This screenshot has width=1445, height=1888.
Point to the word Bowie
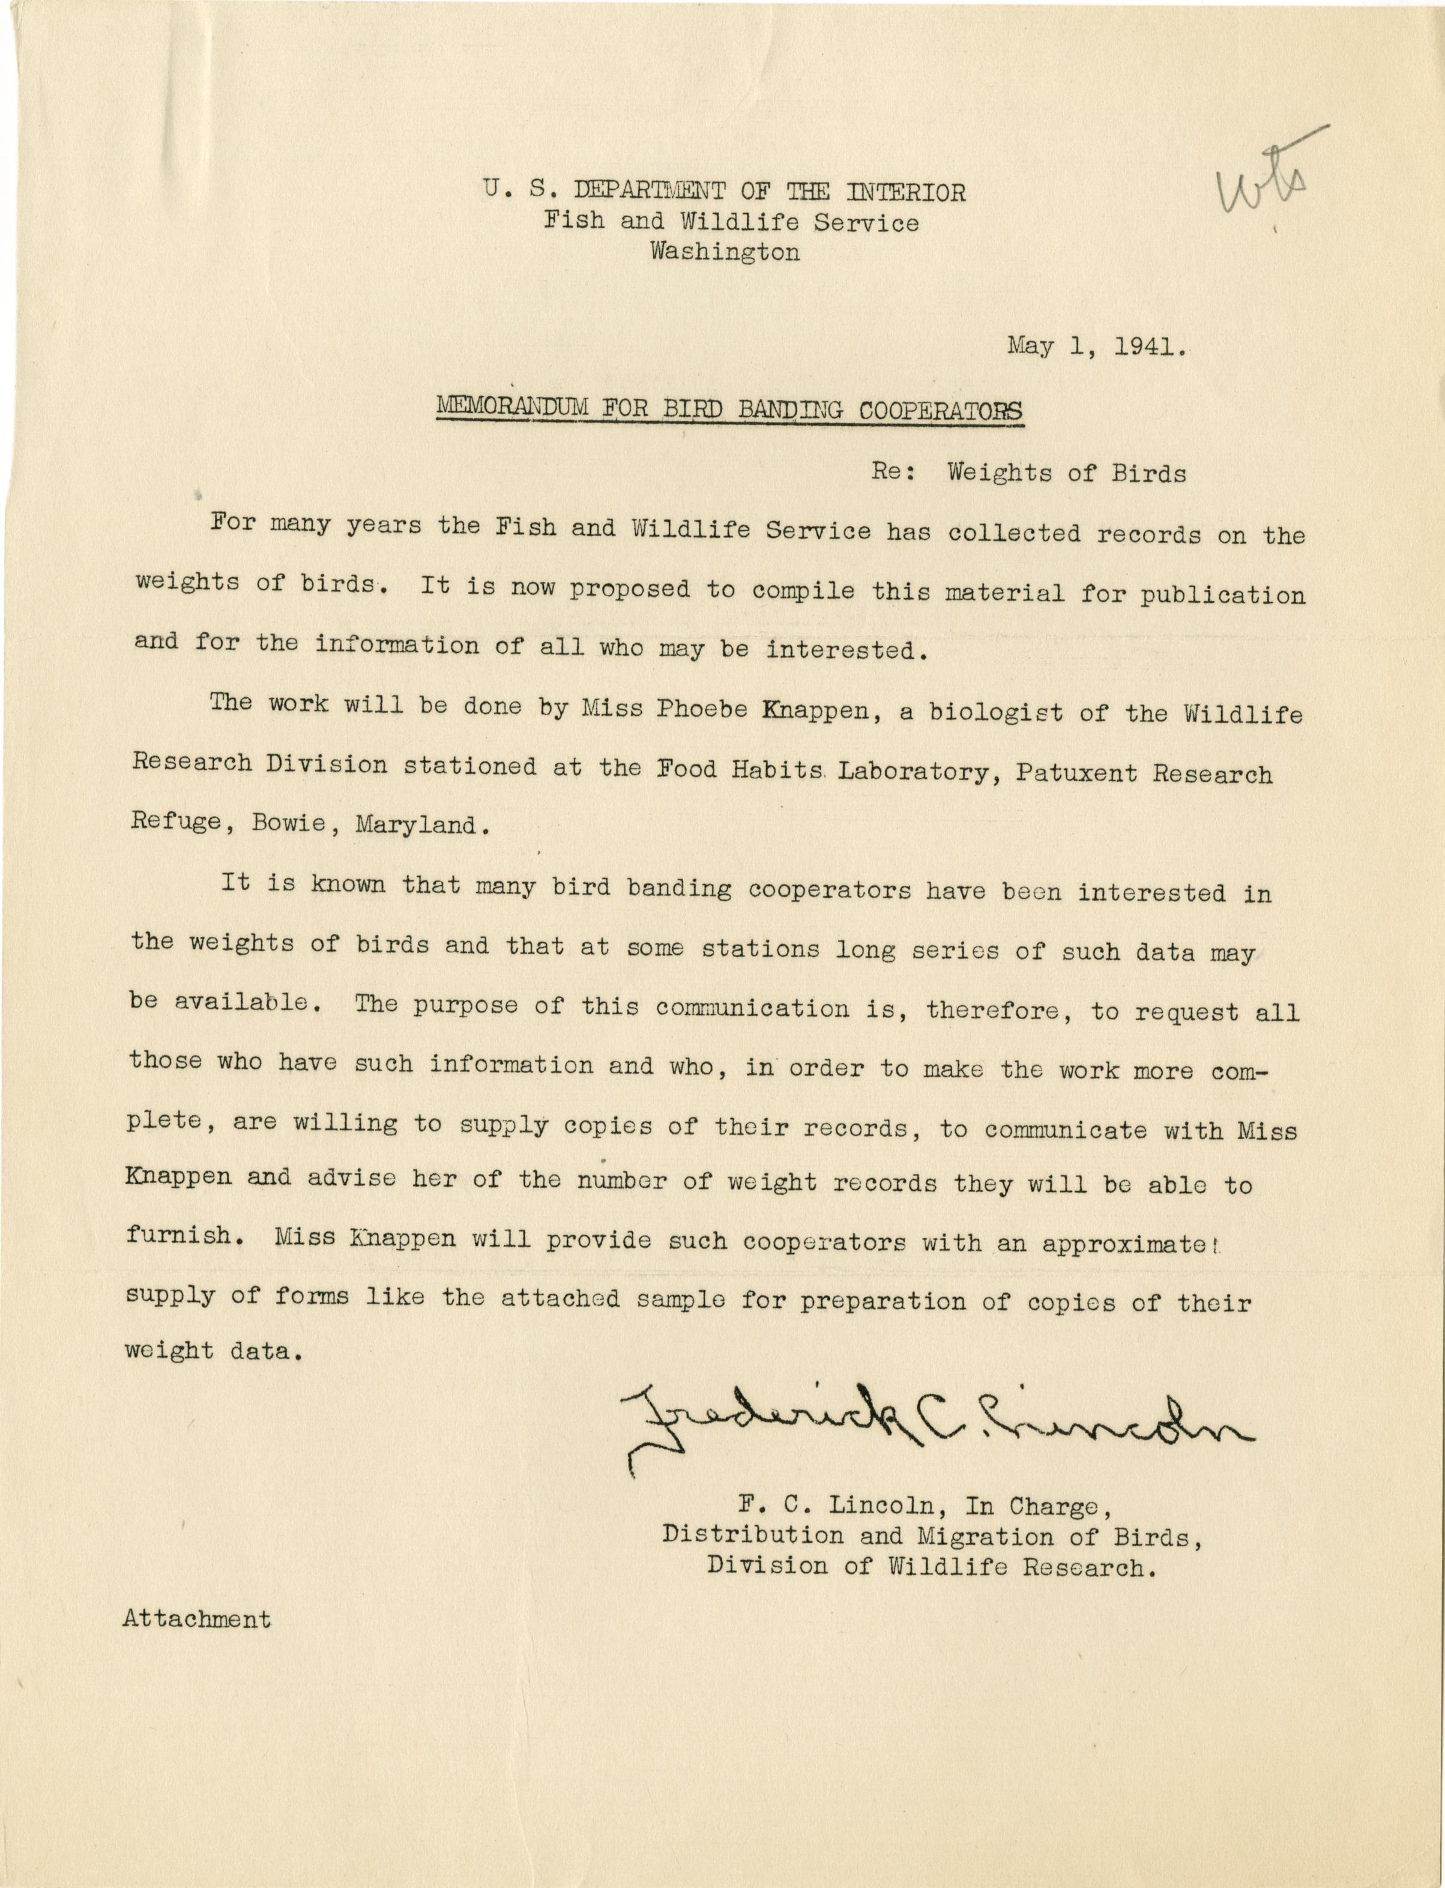289,823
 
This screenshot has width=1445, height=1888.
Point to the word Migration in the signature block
974,1536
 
